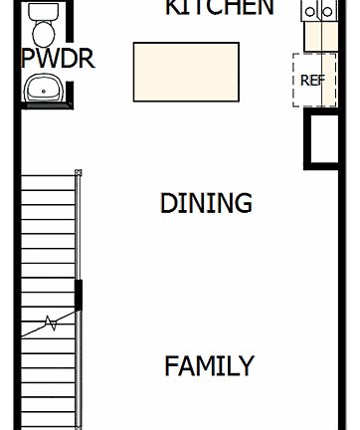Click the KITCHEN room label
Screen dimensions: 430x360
tap(219, 8)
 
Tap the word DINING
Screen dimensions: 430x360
tap(206, 203)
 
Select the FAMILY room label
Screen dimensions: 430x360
tap(209, 365)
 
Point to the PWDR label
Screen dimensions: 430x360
tap(58, 59)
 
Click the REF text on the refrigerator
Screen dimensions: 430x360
tap(312, 80)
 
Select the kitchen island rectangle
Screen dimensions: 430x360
tap(186, 72)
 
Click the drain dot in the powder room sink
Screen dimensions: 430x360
tap(43, 93)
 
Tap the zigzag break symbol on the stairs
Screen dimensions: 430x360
tap(49, 323)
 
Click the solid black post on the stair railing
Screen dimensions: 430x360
tap(80, 296)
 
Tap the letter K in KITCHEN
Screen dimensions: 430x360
tap(173, 8)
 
